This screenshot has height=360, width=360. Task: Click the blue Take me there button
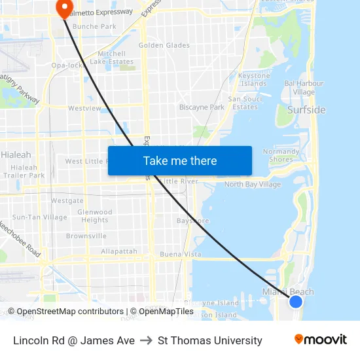(180, 161)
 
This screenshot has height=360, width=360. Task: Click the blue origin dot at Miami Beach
(296, 301)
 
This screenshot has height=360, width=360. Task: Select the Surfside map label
(306, 110)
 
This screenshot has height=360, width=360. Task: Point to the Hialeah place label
(16, 155)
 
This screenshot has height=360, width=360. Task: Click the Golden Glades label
(164, 45)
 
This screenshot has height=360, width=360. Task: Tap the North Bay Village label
(253, 185)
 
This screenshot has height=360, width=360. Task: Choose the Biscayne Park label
(202, 107)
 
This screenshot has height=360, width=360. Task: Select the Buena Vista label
(181, 254)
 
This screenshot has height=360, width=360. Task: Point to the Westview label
(84, 108)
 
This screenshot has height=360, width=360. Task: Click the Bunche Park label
(94, 27)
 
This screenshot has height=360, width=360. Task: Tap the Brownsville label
(86, 236)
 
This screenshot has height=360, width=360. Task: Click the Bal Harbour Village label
(304, 88)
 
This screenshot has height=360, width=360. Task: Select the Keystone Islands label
(253, 79)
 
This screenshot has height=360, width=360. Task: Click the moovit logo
(321, 340)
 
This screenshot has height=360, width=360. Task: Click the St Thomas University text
(210, 340)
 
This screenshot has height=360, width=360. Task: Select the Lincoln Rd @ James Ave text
(74, 340)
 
